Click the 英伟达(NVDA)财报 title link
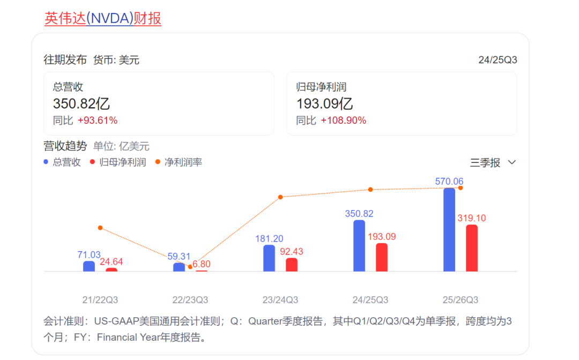point(103,19)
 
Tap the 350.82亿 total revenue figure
point(81,104)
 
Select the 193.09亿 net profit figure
point(324,104)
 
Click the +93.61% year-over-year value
point(98,121)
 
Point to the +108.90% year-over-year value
point(344,121)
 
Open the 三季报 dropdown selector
point(493,163)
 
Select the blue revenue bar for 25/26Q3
point(449,230)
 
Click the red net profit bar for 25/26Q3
point(472,249)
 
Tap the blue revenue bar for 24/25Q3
point(359,246)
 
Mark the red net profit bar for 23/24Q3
point(292,265)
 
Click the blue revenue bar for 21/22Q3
point(89,266)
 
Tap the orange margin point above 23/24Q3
point(280,197)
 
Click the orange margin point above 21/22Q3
point(100,228)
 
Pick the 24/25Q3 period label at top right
point(498,60)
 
